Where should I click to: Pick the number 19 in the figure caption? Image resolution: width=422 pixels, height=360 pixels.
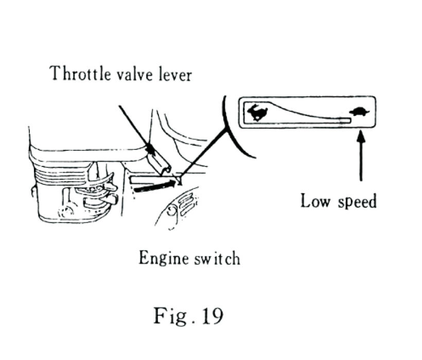pos(211,315)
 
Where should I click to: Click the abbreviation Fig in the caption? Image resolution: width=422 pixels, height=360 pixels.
pos(169,315)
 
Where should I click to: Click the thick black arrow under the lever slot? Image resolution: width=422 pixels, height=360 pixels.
pos(153,185)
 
